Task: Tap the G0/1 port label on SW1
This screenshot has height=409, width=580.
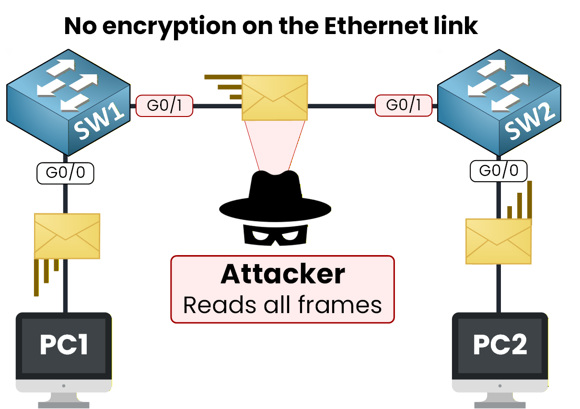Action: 164,105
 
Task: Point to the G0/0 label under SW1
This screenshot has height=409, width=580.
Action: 65,173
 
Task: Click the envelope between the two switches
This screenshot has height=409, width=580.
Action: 275,97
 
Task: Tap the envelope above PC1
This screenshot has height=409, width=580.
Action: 67,236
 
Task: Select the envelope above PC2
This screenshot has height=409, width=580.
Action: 499,241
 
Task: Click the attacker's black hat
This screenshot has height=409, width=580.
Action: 275,194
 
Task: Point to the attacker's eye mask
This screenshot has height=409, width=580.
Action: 275,234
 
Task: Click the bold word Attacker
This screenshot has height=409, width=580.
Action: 283,274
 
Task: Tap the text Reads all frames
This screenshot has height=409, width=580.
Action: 283,305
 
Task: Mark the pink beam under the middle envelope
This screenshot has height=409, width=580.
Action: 275,144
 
